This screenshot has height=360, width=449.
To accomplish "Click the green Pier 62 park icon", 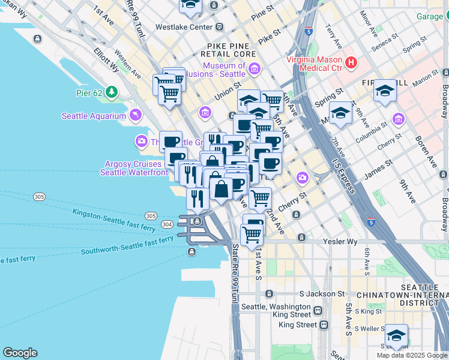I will point(111,92).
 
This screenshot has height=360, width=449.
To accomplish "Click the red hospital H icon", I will point(351,62).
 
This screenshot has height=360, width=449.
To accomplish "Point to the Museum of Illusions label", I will point(224,70).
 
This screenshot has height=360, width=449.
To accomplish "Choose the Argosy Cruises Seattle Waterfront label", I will point(134,168).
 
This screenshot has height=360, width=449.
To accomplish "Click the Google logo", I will point(20,353).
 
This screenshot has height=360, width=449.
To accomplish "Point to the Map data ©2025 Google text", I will point(411,355).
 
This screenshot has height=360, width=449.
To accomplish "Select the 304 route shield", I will point(167,224).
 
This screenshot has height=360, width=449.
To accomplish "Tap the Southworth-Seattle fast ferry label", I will point(127,246).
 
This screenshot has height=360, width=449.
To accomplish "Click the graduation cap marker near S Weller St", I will point(396,335).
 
